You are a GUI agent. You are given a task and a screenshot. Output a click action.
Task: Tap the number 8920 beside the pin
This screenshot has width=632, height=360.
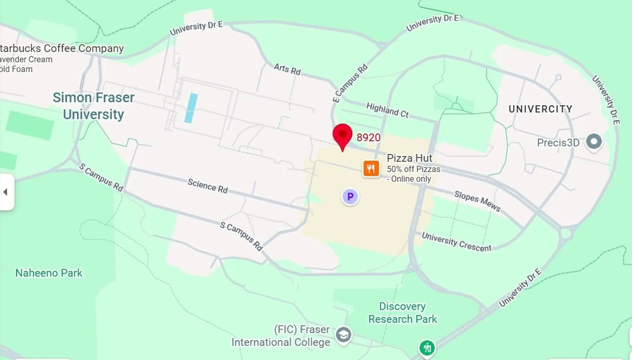coord(368,137)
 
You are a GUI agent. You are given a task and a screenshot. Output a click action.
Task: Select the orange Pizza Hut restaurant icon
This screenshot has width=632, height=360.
coord(371,169)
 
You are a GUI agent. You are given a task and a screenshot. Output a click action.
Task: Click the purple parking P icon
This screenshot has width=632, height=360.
coord(350,197)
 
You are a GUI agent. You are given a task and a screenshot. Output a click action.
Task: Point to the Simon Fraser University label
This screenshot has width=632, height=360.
coord(93,106)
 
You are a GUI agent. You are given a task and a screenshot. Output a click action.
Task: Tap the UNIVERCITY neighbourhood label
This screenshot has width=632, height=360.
coord(540,109)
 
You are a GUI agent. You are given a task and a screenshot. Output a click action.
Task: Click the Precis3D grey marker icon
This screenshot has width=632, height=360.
coord(594,142)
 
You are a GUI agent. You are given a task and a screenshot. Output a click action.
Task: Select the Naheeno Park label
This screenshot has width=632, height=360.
coord(49,273)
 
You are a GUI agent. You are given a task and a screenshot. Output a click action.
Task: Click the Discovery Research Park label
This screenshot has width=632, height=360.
coord(402,313)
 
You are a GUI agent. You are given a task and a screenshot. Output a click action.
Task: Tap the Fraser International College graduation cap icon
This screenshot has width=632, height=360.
coord(343,335)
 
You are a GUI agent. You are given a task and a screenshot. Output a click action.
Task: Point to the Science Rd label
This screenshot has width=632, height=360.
coord(208,186)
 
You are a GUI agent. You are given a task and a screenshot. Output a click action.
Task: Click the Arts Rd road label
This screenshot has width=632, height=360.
coord(287,69)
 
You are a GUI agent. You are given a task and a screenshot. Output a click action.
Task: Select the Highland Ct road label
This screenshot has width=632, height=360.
coord(387,110)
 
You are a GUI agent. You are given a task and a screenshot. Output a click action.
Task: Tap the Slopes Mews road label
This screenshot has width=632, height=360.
coord(477,201)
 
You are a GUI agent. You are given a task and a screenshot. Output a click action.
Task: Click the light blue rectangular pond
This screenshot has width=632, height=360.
coord(191,108)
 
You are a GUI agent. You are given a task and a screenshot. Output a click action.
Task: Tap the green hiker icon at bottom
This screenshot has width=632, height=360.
coord(427,348)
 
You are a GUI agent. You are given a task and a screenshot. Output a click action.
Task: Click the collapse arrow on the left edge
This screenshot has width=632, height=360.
coord(6,192)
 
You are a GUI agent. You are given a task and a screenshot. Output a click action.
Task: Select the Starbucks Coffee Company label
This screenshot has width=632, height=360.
coord(62,48)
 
